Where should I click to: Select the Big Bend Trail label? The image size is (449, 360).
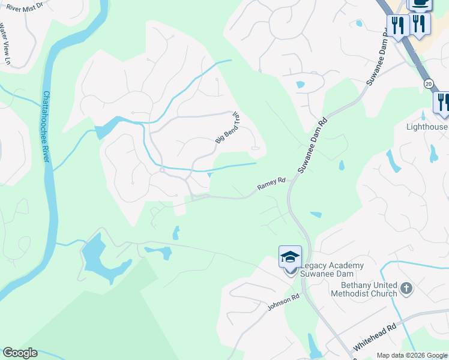click(x=228, y=128)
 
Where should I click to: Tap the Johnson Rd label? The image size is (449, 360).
click(x=283, y=302)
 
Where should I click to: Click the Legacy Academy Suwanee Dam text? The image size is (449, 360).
click(x=331, y=269)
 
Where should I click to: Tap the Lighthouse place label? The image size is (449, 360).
click(x=427, y=127)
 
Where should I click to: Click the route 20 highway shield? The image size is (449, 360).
click(x=427, y=84)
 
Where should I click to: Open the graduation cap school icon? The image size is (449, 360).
click(x=290, y=256)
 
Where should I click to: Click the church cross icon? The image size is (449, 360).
click(x=406, y=289)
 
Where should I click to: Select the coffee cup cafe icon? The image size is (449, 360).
click(x=420, y=4)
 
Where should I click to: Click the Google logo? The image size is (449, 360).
click(x=20, y=353)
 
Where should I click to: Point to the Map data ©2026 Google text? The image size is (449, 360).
click(x=412, y=355)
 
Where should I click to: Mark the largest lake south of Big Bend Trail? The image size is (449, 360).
click(x=99, y=257)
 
